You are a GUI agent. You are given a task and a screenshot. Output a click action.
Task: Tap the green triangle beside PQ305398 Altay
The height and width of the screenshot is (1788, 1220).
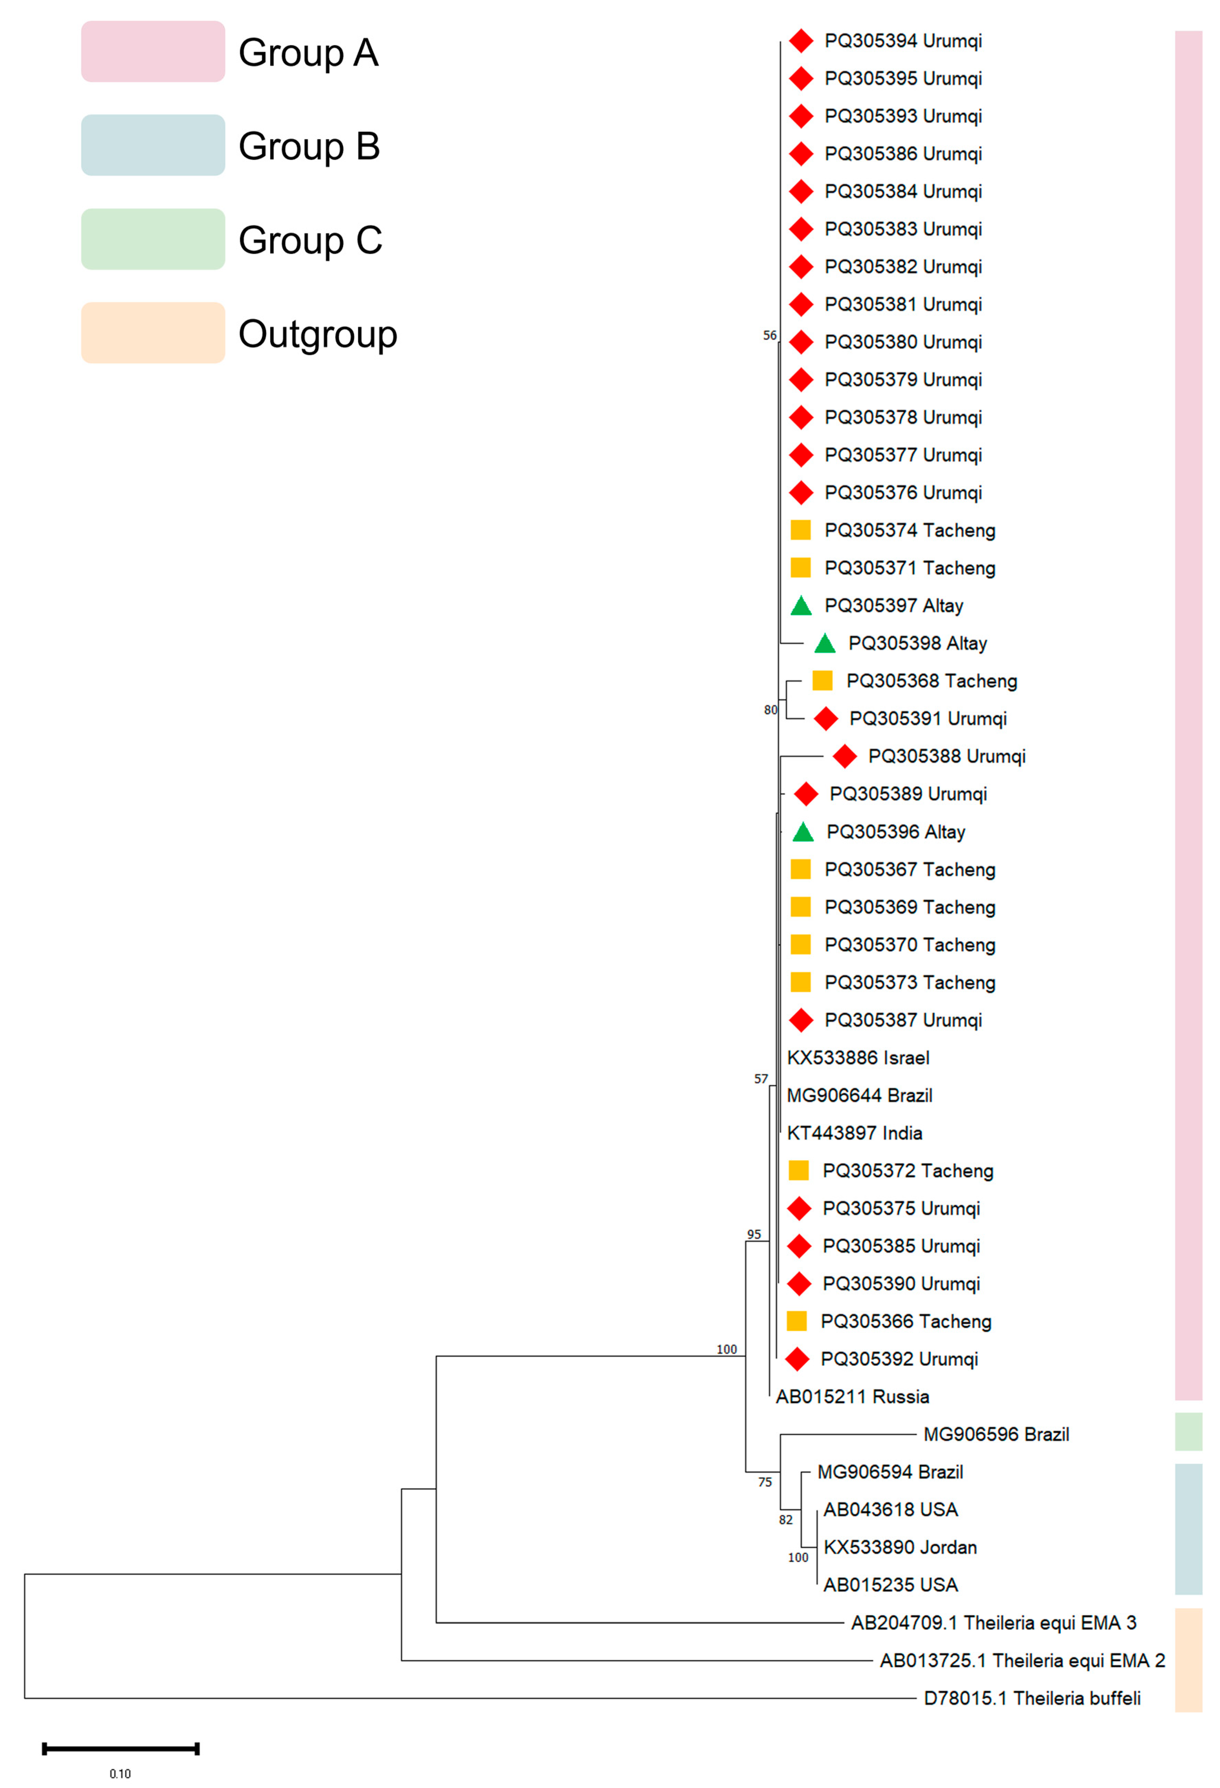coord(824,643)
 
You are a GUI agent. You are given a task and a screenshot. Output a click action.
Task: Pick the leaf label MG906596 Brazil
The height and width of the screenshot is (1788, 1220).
coord(996,1434)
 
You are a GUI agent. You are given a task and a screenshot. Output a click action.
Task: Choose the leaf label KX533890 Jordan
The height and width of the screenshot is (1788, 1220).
coord(900,1547)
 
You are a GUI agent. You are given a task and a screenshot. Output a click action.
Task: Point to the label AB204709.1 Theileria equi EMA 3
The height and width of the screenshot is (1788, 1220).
coord(993,1622)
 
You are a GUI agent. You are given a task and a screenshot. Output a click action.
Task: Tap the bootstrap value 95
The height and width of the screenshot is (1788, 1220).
coord(754,1234)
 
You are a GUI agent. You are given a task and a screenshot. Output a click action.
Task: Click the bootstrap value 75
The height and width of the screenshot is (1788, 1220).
coord(764,1482)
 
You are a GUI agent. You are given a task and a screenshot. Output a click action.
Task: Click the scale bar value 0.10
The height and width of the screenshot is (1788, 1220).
coord(120,1773)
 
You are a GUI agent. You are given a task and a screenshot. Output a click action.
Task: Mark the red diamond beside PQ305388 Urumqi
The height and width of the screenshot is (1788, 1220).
coord(844,756)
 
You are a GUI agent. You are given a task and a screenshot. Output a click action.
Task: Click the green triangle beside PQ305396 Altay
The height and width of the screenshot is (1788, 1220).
coord(803,832)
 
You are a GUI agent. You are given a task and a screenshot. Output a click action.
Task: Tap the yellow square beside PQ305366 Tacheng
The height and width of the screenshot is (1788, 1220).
coord(797,1321)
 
